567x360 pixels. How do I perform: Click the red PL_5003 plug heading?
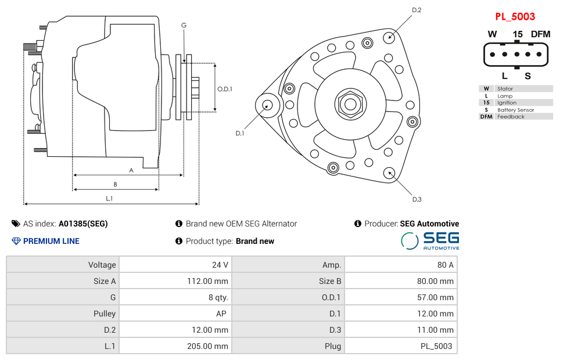[515, 17]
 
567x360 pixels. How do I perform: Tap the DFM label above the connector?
[540, 34]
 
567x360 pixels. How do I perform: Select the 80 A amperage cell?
[445, 265]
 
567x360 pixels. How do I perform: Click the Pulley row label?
[105, 314]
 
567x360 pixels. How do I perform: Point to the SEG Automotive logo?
[430, 241]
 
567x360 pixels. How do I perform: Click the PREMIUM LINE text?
[51, 241]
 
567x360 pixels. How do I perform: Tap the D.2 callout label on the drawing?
[417, 10]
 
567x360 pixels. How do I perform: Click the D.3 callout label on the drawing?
[417, 200]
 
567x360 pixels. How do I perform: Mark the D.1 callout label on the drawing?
[239, 134]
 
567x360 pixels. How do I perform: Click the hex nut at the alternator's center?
[350, 105]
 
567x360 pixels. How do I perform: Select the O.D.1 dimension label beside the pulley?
[225, 89]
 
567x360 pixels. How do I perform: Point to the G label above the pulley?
[184, 25]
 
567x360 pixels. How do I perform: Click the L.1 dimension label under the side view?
[109, 199]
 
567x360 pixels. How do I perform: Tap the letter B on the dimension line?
[115, 185]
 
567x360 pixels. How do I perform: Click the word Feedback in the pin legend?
[511, 117]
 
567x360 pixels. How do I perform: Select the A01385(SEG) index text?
[83, 224]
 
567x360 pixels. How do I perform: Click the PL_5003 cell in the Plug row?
[437, 346]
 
